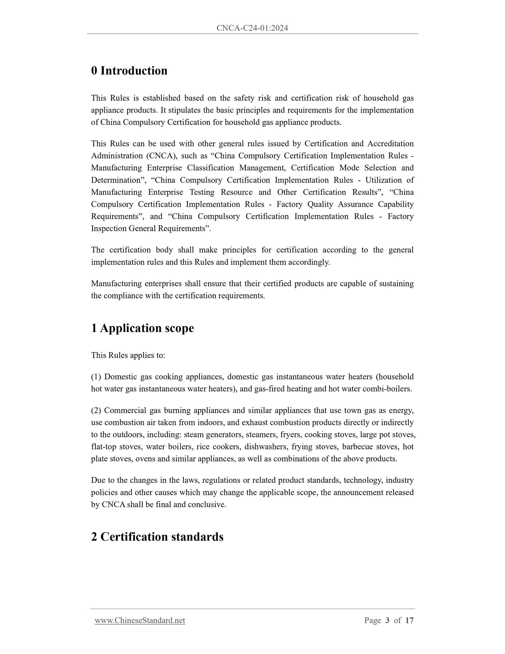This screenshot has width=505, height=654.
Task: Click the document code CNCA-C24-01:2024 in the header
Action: point(252,28)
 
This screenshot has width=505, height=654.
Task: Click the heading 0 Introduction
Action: point(129,71)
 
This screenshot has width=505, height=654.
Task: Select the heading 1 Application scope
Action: point(142,328)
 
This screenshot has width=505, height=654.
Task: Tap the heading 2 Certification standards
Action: point(157,536)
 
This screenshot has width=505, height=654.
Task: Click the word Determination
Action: point(115,180)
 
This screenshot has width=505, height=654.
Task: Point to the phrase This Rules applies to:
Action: point(128,355)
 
